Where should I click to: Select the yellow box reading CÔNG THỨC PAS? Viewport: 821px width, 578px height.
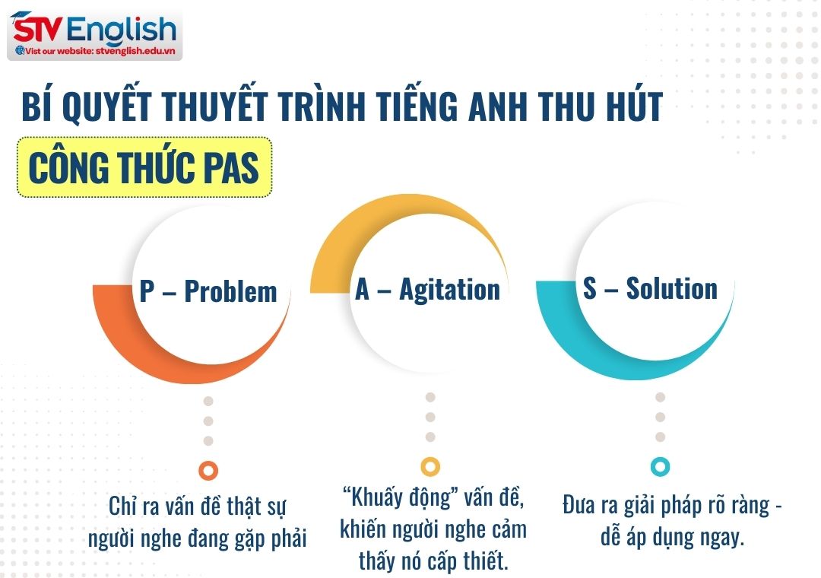pyautogui.click(x=144, y=167)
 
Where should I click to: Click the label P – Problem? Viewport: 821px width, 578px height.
pyautogui.click(x=208, y=291)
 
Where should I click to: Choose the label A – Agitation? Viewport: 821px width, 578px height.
pyautogui.click(x=427, y=290)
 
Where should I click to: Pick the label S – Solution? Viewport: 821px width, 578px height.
pyautogui.click(x=650, y=289)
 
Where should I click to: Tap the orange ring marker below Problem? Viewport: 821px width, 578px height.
pyautogui.click(x=208, y=470)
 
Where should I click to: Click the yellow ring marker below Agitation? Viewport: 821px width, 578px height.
pyautogui.click(x=430, y=466)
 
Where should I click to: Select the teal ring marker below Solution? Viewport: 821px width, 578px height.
pyautogui.click(x=660, y=466)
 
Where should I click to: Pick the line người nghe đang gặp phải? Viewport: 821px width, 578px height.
pyautogui.click(x=198, y=539)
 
